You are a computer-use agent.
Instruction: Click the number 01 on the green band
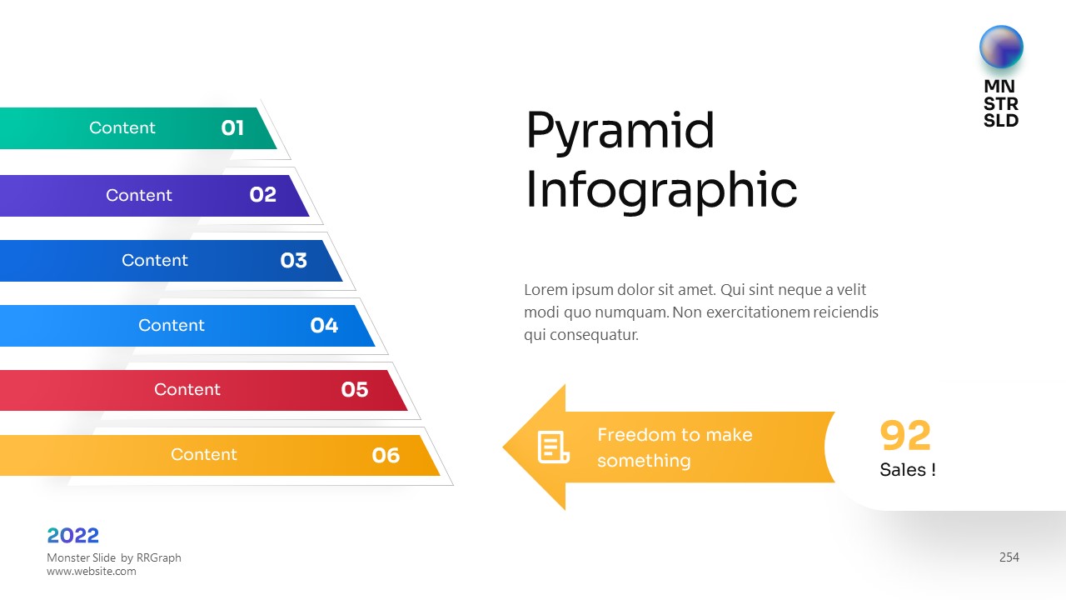(x=232, y=127)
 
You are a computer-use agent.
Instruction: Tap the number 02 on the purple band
(x=262, y=194)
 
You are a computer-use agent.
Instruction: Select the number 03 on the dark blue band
(x=294, y=260)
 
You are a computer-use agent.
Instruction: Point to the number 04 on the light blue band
(x=324, y=325)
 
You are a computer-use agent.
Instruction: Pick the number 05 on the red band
(x=355, y=389)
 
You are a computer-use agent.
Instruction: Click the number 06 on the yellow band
(x=386, y=455)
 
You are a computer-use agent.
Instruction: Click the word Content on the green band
(x=122, y=127)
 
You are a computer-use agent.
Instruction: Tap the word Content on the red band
(x=187, y=389)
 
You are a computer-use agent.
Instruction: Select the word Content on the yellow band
(x=204, y=454)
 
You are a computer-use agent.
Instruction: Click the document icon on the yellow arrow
(x=553, y=447)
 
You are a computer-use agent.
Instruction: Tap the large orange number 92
(x=905, y=435)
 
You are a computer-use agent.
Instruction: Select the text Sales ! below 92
(x=908, y=469)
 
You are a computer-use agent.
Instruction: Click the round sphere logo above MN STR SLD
(x=1001, y=47)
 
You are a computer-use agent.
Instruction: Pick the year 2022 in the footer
(x=72, y=536)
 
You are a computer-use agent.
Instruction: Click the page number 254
(x=1009, y=557)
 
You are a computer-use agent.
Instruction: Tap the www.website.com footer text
(x=92, y=571)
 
